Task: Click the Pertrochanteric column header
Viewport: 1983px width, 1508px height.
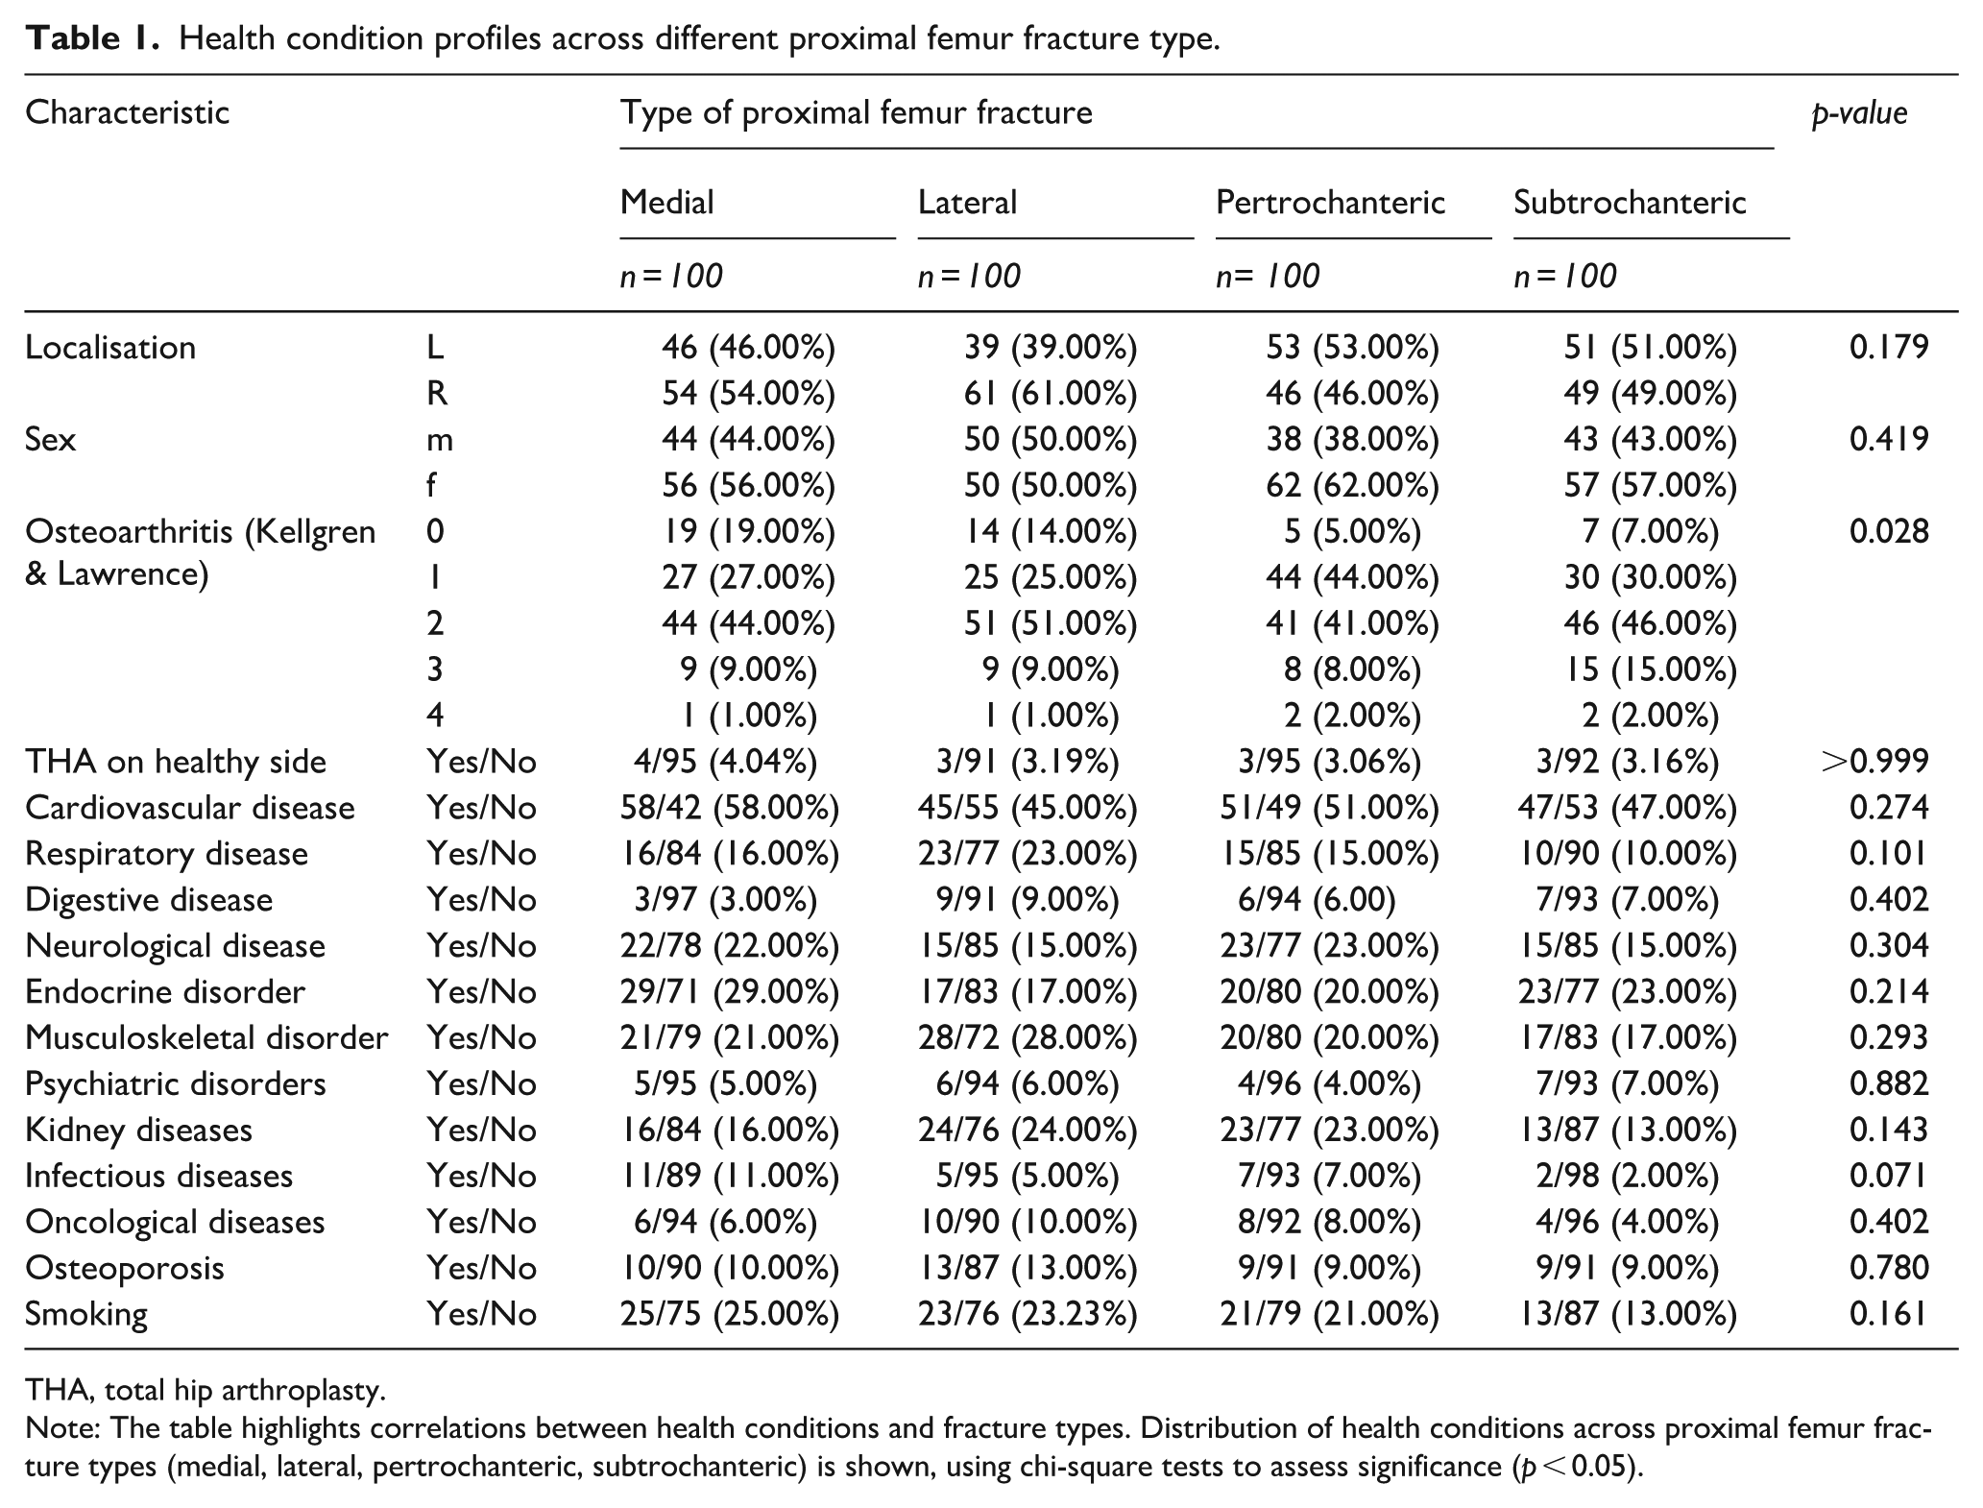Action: [1330, 202]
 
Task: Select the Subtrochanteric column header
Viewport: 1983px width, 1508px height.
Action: [1630, 202]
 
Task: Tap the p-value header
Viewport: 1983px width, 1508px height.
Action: [1859, 113]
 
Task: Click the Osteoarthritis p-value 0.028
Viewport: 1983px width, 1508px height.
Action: [1889, 531]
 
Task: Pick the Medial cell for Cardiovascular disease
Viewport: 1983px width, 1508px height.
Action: [730, 808]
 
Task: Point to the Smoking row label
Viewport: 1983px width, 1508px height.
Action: [86, 1315]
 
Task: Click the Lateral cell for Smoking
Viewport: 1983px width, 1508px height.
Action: [1028, 1315]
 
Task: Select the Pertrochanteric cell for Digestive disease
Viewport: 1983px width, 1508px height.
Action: [1317, 900]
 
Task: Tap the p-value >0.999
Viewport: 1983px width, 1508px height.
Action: [1874, 762]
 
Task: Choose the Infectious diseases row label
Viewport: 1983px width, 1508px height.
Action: [158, 1177]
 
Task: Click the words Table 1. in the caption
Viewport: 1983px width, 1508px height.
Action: [91, 39]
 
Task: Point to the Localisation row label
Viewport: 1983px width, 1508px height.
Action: [110, 348]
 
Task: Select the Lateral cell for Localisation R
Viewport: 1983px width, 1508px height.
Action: [1051, 393]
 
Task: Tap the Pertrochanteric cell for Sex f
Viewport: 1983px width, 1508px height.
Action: [1353, 485]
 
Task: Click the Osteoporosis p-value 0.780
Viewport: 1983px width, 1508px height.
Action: [1889, 1269]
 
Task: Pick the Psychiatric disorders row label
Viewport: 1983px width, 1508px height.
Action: [176, 1084]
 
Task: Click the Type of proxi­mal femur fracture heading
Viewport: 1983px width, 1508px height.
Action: [857, 113]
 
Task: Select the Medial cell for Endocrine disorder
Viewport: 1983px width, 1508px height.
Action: [730, 992]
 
